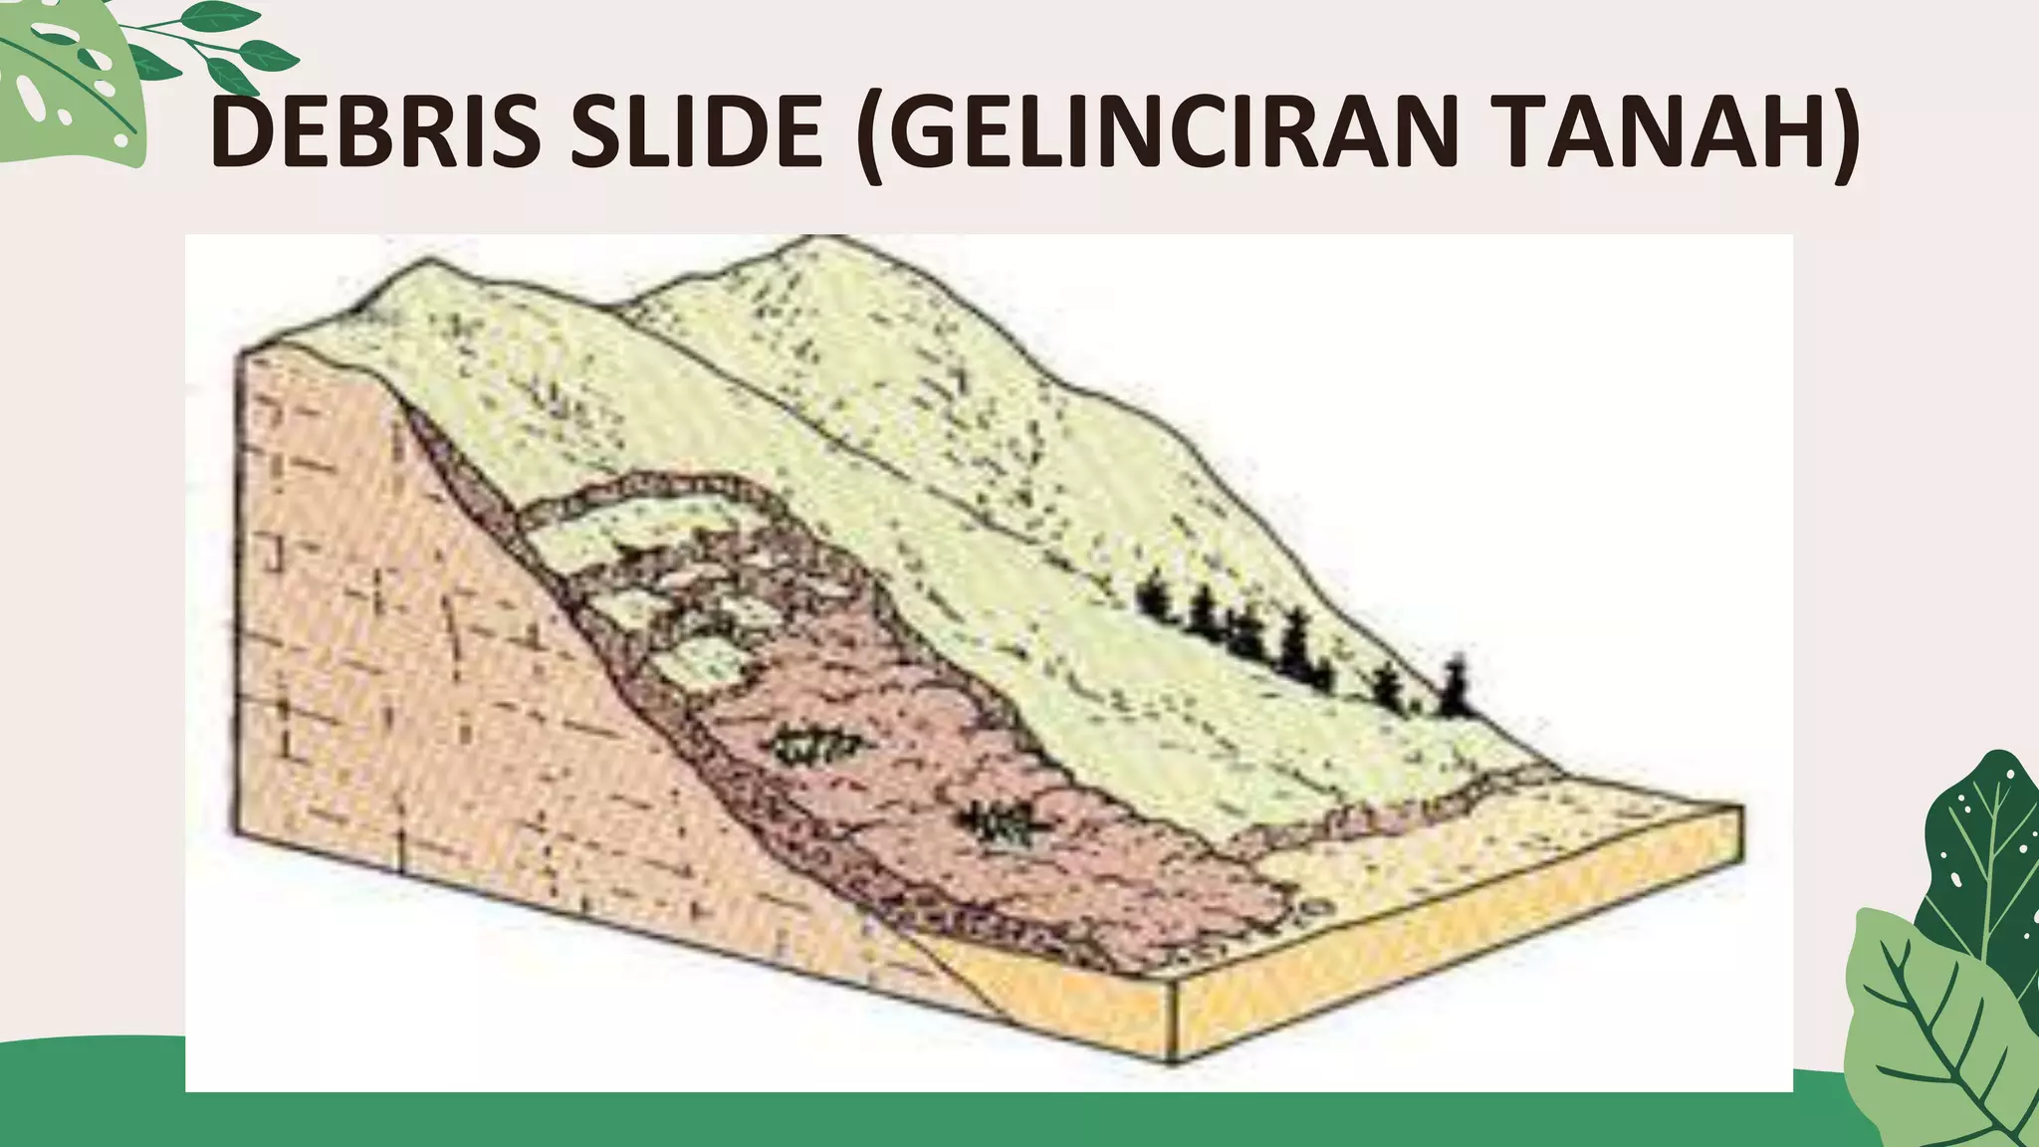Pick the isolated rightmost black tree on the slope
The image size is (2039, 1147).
1456,687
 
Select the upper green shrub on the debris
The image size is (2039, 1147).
816,745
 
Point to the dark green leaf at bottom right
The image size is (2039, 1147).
1981,856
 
